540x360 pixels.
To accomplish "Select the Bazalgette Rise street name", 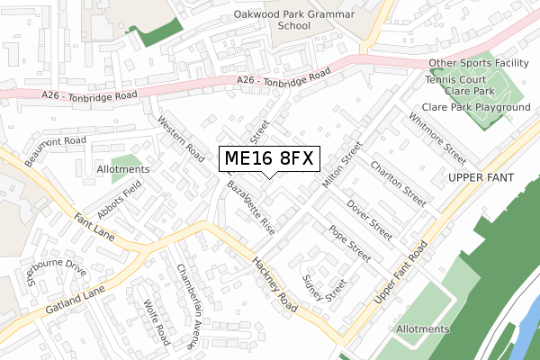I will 252,207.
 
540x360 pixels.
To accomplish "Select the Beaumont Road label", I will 55,148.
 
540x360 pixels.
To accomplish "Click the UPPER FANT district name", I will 480,178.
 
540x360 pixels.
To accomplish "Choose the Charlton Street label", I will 398,183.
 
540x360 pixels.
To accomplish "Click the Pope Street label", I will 350,244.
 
